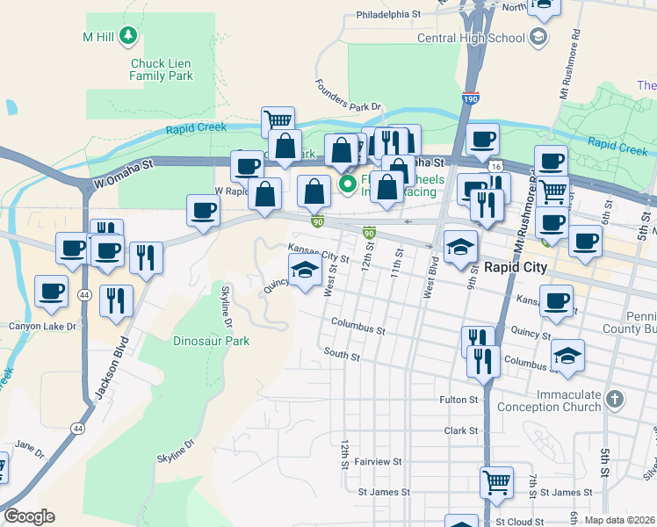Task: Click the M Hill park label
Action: coord(99,37)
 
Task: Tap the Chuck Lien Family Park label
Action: coord(161,69)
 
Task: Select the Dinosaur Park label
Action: coord(211,341)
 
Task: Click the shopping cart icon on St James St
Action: coord(496,481)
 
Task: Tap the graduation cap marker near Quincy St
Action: coord(305,269)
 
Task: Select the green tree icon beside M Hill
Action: coord(129,35)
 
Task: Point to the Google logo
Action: coord(29,516)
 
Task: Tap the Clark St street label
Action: coord(461,431)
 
